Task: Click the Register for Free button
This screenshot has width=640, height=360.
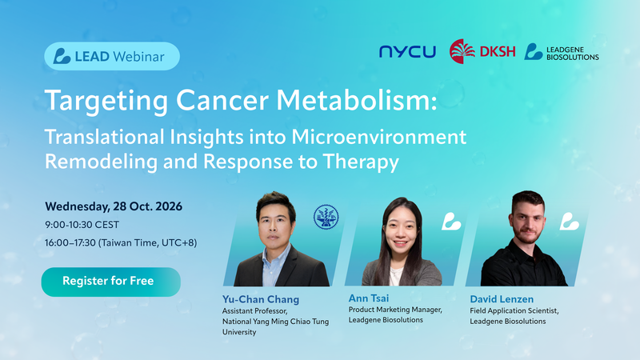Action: pos(111,282)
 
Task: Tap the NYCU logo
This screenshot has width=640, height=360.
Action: pos(407,52)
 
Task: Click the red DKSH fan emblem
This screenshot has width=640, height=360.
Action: pos(462,51)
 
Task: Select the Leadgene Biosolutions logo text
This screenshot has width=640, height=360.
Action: pos(572,54)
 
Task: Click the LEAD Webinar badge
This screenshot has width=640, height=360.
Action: pos(112,56)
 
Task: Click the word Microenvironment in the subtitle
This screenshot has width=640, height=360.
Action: pos(378,137)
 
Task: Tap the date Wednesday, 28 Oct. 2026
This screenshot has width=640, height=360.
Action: pos(114,206)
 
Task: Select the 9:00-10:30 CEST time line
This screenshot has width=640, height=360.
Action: pos(82,225)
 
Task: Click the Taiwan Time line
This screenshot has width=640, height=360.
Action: pos(121,243)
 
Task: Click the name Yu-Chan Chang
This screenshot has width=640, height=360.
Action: pos(261,299)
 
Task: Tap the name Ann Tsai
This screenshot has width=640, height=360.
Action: pos(369,298)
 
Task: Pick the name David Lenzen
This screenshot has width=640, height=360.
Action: pos(502,299)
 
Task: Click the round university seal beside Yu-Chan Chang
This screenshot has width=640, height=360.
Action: pos(326,217)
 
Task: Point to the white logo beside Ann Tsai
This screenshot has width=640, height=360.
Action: pos(451,222)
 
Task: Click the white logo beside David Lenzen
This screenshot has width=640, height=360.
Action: pos(570,222)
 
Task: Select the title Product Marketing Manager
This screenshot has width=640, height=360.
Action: pos(395,310)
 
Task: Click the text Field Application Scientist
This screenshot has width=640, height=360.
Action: pos(514,310)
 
